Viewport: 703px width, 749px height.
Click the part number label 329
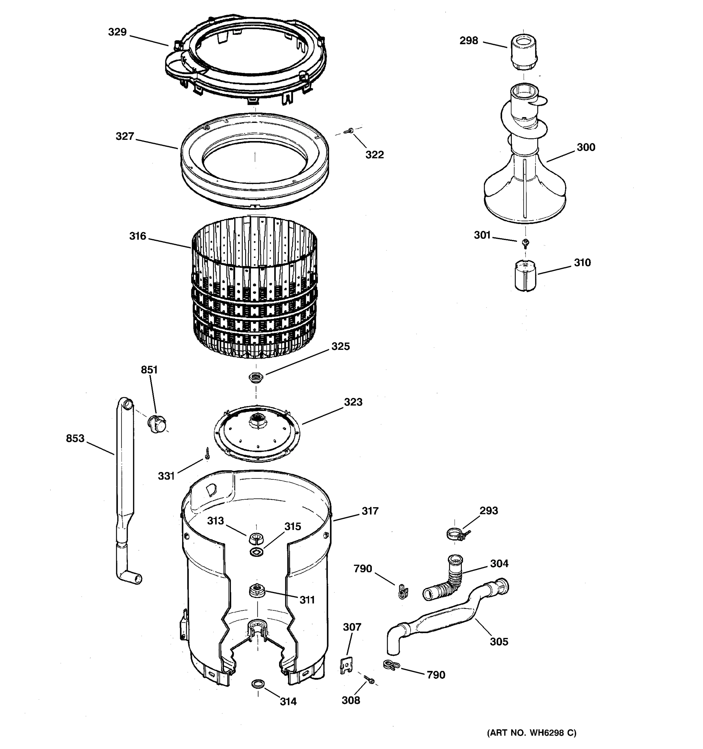[117, 32]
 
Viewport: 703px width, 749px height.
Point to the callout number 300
[586, 147]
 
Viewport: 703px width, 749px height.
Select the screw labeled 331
[207, 454]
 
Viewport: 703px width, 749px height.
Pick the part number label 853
[75, 438]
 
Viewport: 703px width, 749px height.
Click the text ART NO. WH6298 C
[532, 732]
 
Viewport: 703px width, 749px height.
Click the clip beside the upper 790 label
[403, 591]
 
